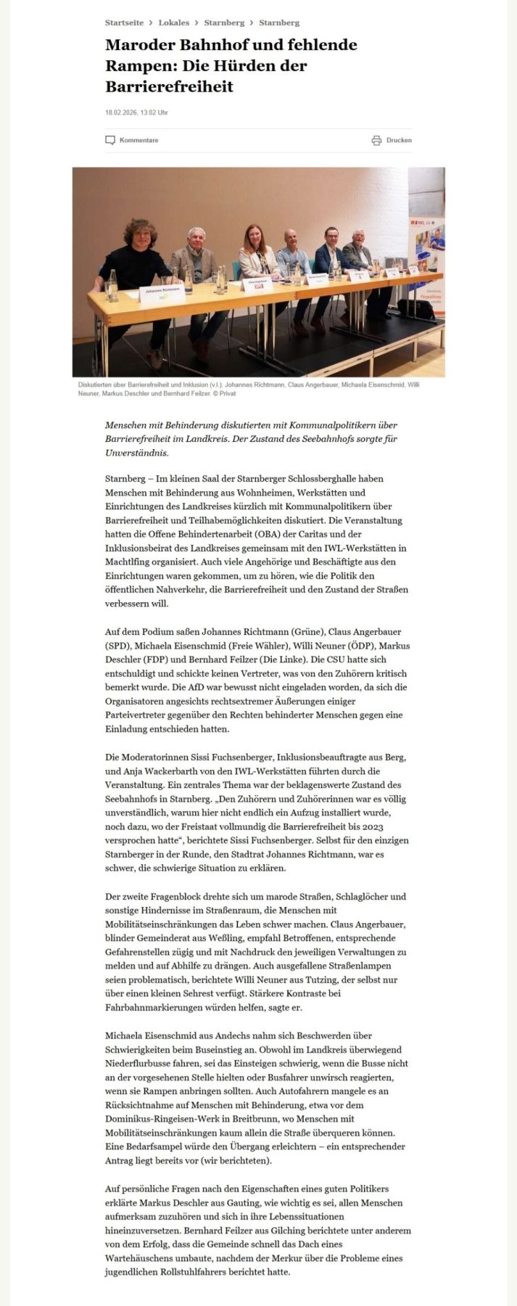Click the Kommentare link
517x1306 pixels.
(138, 140)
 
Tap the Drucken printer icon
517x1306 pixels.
(376, 140)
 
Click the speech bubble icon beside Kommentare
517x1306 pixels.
(110, 140)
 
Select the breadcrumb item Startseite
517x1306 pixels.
(124, 23)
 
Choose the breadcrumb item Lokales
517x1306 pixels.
(173, 23)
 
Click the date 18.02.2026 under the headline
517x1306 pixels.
(120, 112)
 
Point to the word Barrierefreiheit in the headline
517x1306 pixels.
(169, 87)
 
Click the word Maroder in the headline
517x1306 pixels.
(138, 45)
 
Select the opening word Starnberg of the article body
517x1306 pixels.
(124, 479)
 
